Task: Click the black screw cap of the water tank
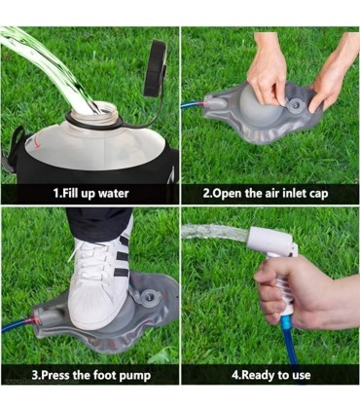(x=155, y=68)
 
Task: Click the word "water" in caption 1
(x=114, y=194)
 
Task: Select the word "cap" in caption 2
(x=318, y=194)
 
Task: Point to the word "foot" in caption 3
(x=105, y=375)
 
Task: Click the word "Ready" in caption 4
(x=257, y=375)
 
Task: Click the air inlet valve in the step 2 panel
(x=296, y=104)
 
